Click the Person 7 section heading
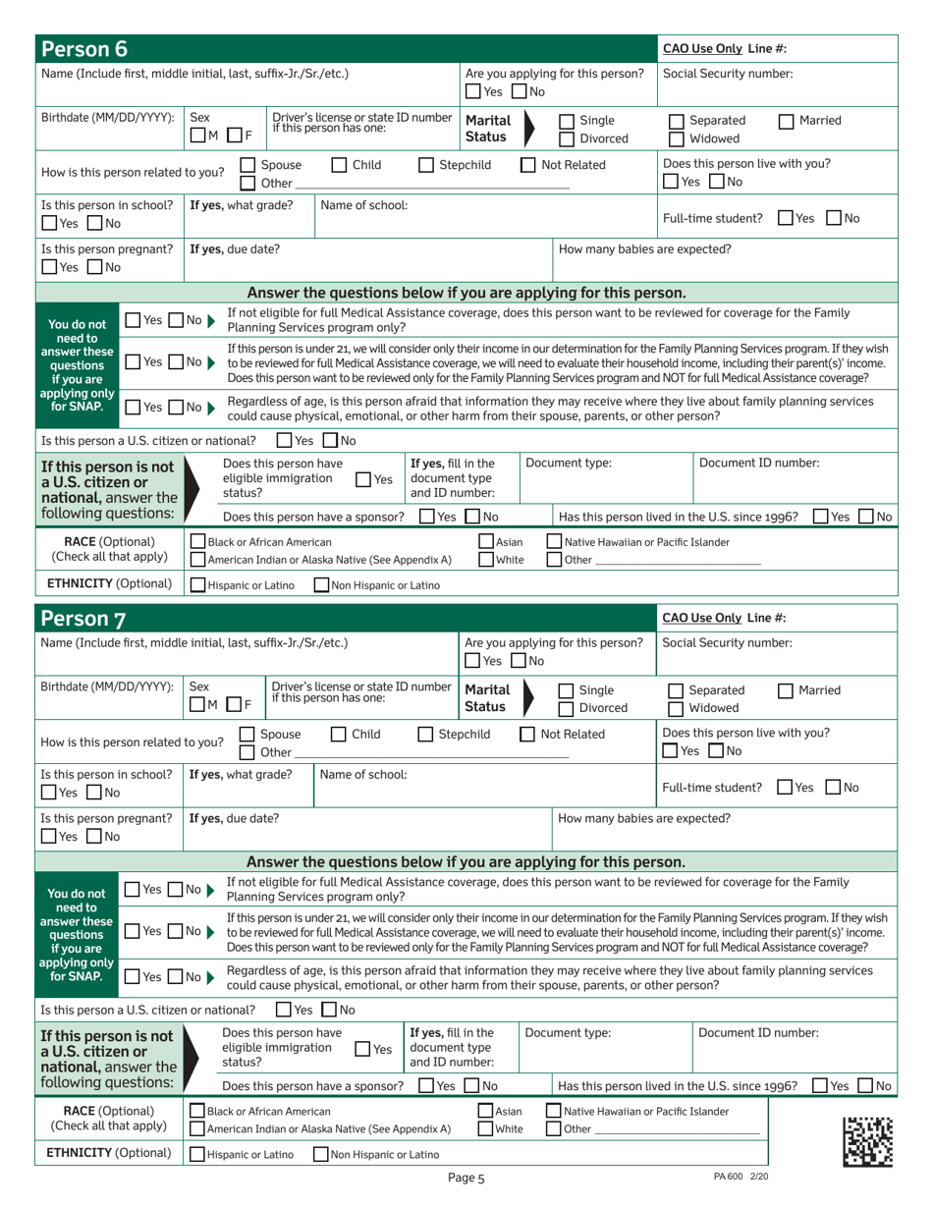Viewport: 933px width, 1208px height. pos(82,618)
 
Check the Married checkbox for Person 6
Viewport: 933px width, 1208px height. pos(786,122)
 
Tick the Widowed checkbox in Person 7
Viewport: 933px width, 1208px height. pos(675,709)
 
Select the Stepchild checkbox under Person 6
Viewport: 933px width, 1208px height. pos(426,165)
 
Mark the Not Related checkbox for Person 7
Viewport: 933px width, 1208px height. pos(527,734)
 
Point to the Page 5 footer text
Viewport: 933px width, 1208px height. pos(466,1178)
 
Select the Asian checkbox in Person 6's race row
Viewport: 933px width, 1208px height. pos(485,542)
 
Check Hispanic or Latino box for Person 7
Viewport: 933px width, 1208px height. pos(197,1155)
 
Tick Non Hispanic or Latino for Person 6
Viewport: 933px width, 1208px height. pos(321,586)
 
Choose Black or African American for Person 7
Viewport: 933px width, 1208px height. pos(197,1111)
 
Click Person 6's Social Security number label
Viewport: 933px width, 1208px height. pos(728,74)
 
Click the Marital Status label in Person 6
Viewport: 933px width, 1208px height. pos(487,129)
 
